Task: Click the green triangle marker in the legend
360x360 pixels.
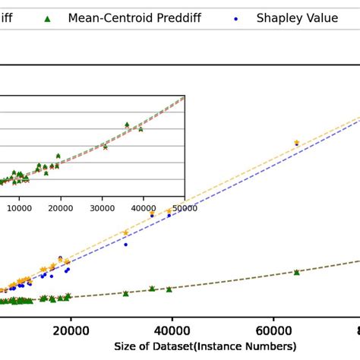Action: pos(48,17)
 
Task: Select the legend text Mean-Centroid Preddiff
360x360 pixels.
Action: pos(134,17)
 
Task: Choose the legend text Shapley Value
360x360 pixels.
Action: pos(297,17)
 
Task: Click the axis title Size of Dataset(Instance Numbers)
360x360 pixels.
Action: pos(205,346)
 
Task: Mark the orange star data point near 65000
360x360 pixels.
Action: pos(297,143)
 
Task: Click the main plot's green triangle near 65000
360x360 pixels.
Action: pos(297,272)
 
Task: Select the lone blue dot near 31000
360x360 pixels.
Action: pos(125,244)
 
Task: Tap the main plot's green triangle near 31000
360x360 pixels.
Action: pos(125,293)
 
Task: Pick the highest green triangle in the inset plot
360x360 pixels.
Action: pos(127,125)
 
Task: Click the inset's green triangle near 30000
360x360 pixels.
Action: pos(105,147)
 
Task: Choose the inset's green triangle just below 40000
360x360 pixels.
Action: pos(141,129)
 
